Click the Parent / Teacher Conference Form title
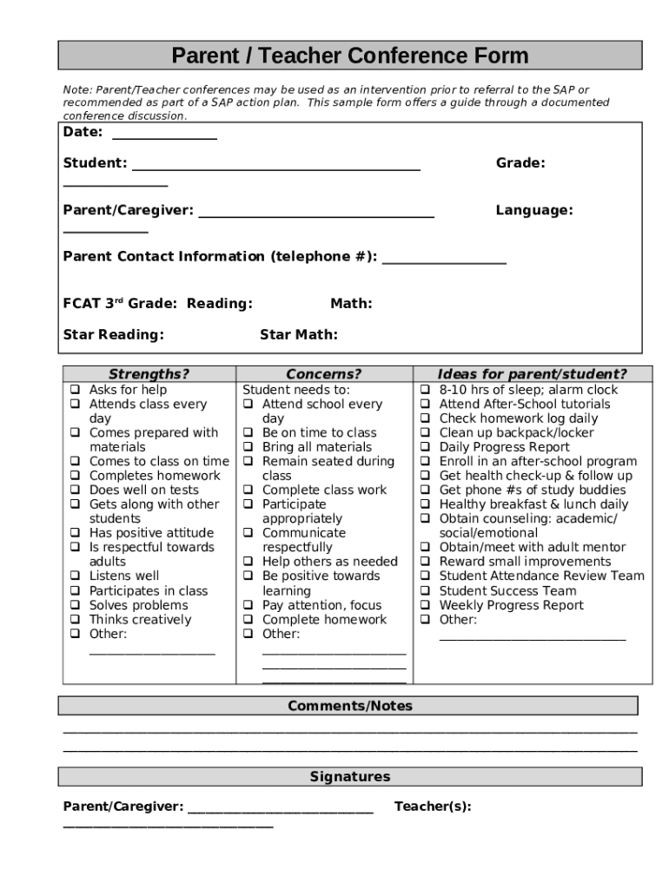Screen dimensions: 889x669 pyautogui.click(x=349, y=56)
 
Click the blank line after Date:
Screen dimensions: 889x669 pyautogui.click(x=164, y=134)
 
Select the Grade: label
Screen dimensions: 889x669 pyautogui.click(x=520, y=162)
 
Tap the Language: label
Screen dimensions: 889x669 pyautogui.click(x=533, y=210)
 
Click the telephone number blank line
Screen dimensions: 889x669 pyautogui.click(x=444, y=258)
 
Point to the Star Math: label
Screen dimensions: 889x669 pyautogui.click(x=299, y=335)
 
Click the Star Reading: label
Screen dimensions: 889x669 pyautogui.click(x=114, y=335)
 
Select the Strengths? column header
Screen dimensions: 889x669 pyautogui.click(x=149, y=374)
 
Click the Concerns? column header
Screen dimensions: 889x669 pyautogui.click(x=324, y=374)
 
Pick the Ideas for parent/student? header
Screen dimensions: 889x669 pyautogui.click(x=532, y=374)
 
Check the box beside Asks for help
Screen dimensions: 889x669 pyautogui.click(x=76, y=391)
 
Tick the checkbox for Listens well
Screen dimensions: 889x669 pyautogui.click(x=76, y=576)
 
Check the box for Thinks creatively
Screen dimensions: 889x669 pyautogui.click(x=76, y=620)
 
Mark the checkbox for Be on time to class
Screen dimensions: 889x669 pyautogui.click(x=248, y=433)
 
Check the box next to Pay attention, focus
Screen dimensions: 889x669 pyautogui.click(x=248, y=605)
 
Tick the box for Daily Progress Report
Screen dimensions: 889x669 pyautogui.click(x=426, y=447)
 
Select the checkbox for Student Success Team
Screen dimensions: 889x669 pyautogui.click(x=426, y=591)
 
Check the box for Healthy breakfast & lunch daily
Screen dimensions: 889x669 pyautogui.click(x=426, y=504)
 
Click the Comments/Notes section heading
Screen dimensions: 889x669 pyautogui.click(x=349, y=706)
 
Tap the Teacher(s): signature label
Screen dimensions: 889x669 pyautogui.click(x=433, y=807)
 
